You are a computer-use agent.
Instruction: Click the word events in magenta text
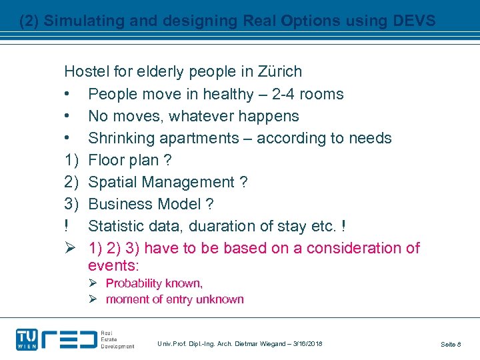point(113,265)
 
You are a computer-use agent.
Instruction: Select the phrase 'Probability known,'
point(154,283)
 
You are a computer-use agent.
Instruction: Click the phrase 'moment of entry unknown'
point(175,299)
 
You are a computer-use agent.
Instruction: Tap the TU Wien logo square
point(27,339)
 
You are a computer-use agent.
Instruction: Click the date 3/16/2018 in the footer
point(307,343)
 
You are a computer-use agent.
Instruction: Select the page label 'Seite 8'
point(451,344)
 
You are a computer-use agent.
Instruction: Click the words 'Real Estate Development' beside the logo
point(117,339)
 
